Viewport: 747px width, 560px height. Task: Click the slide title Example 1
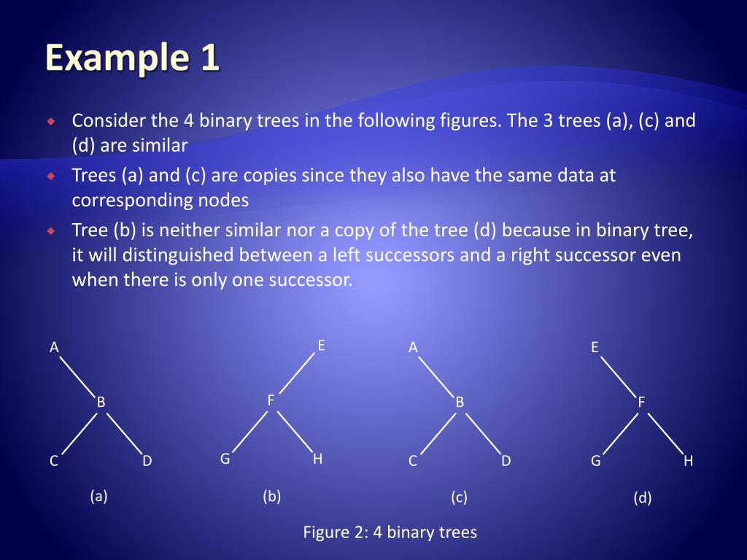132,58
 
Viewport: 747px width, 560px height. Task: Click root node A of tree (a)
54,348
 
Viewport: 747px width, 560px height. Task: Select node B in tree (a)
101,402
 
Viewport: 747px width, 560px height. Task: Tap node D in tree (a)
147,461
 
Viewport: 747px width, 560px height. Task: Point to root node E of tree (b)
321,346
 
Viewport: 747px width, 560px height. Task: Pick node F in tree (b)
271,400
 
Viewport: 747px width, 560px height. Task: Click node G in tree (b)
225,459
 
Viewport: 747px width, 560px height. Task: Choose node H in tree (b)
317,459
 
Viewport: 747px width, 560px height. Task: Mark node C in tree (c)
413,461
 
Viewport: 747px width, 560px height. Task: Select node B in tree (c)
460,402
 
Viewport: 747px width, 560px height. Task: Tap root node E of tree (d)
595,348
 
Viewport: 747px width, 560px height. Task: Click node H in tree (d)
688,461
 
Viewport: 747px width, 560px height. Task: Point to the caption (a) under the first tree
98,497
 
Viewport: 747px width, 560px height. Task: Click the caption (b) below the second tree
272,497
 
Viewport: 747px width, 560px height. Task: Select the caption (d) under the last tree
643,499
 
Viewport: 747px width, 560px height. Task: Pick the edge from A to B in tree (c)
436,376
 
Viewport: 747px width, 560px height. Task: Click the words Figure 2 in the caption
336,532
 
